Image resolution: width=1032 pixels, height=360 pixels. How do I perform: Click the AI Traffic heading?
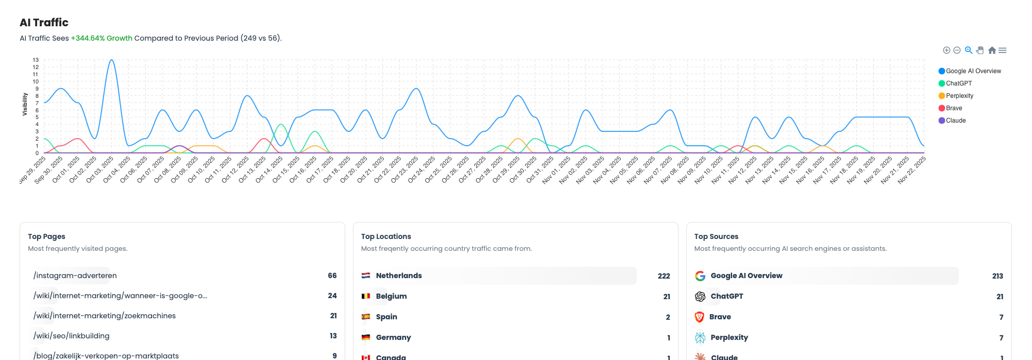coord(44,23)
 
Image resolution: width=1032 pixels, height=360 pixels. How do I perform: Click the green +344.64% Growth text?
coord(101,38)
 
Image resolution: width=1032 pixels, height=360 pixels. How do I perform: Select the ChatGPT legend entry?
coord(958,83)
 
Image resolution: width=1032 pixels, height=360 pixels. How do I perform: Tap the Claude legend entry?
coord(955,121)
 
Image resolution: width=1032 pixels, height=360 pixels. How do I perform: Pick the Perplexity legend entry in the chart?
coord(959,96)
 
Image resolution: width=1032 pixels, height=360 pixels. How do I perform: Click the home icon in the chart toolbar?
coord(992,50)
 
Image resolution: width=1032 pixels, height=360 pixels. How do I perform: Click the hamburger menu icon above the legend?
coord(1003,50)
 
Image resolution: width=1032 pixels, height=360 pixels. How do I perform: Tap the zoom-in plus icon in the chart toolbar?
coord(946,50)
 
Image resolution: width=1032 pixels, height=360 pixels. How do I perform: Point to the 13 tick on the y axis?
coord(36,60)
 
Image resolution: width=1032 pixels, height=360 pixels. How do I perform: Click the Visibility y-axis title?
coord(25,104)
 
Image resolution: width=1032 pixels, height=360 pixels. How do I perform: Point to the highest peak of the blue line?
coord(111,60)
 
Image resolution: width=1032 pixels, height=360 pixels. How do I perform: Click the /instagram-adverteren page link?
coord(75,276)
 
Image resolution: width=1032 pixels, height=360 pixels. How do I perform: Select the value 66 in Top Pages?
coord(332,276)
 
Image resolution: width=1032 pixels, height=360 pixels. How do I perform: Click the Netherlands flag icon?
coord(366,276)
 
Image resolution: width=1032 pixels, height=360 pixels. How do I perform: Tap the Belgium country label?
coord(391,296)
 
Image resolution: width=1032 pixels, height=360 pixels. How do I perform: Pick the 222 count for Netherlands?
coord(664,276)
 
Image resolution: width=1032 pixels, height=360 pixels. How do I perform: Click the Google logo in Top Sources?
coord(700,276)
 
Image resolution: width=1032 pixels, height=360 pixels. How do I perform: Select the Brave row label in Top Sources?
coord(720,317)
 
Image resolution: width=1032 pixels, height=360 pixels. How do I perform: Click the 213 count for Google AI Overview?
coord(997,276)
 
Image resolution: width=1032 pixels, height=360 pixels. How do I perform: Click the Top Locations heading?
coord(386,236)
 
